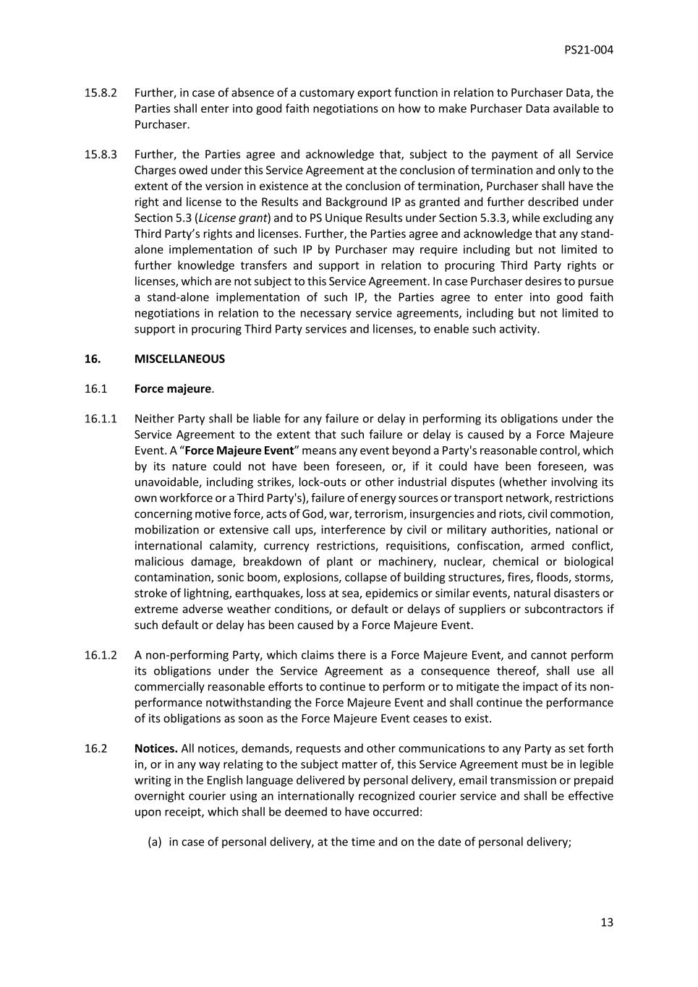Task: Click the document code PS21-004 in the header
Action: point(588,50)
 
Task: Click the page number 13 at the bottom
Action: point(606,922)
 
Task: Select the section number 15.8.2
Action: point(100,93)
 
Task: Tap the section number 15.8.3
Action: point(100,154)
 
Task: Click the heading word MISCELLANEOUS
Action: point(179,359)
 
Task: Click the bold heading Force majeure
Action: point(172,388)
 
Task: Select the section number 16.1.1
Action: point(100,419)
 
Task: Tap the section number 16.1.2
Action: point(100,655)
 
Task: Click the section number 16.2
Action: point(95,748)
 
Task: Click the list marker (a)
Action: point(154,842)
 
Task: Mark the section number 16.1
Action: point(95,388)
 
